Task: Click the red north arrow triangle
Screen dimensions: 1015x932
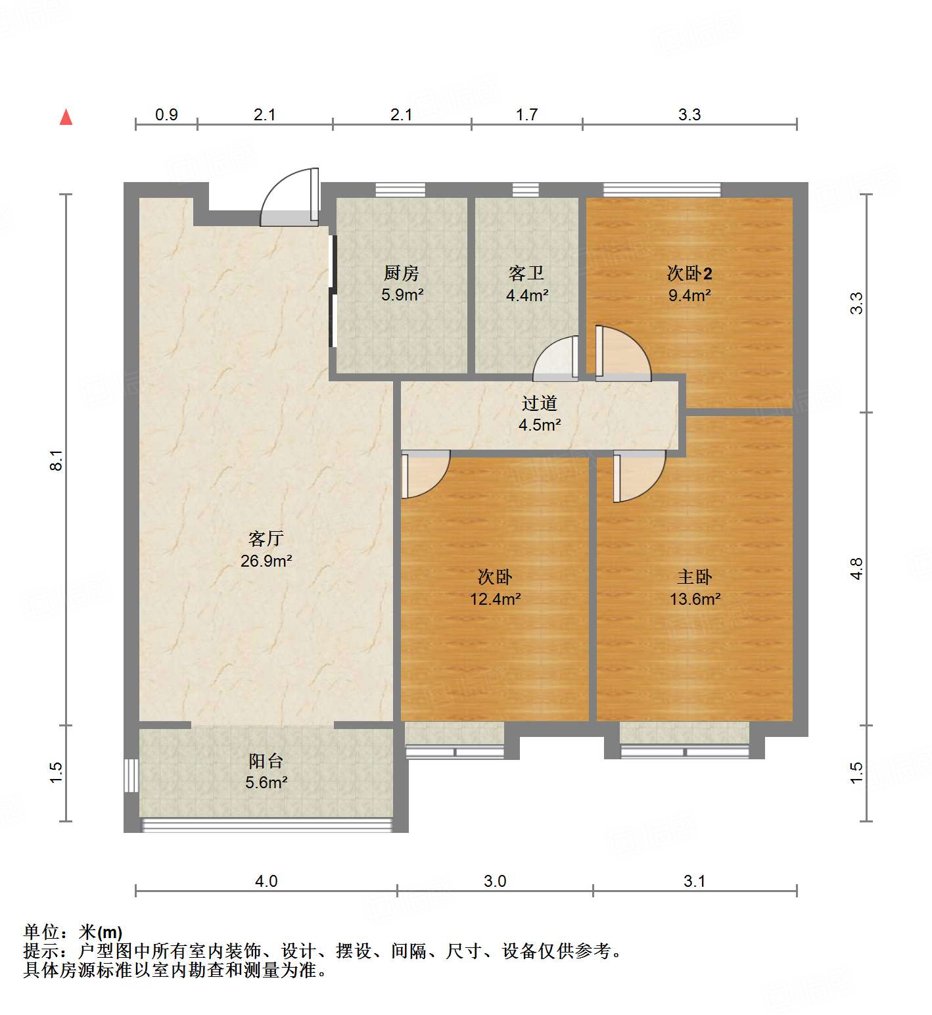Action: [66, 117]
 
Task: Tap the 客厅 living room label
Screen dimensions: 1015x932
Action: [266, 538]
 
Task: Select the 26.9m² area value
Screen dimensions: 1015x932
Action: [266, 561]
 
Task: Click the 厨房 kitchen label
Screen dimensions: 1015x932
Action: [401, 273]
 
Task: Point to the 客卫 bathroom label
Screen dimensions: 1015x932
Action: [526, 273]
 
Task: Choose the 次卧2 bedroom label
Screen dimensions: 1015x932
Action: [689, 273]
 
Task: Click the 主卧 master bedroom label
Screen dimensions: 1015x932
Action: [695, 577]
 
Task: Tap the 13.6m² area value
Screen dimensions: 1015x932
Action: [695, 599]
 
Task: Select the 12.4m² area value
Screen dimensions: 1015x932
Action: [495, 599]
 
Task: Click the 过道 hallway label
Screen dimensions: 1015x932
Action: [540, 402]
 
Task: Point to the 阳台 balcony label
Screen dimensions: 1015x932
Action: [266, 761]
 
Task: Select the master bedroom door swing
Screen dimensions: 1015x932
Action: [639, 475]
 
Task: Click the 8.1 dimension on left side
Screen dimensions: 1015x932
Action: [57, 460]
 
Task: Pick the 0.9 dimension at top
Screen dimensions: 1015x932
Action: [166, 114]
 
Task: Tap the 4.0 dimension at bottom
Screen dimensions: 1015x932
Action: [266, 881]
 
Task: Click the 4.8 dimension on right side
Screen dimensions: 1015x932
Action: [856, 569]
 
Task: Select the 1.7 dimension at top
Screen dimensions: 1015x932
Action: [526, 114]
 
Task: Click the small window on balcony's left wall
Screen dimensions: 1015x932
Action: [131, 775]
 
